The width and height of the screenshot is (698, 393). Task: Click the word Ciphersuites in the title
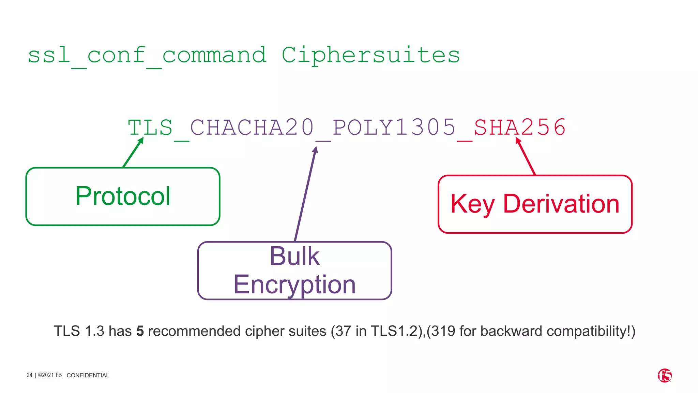pos(370,55)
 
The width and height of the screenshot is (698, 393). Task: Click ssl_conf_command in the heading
pos(147,55)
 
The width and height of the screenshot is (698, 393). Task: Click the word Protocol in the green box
pos(123,196)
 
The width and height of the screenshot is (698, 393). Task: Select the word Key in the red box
pos(472,204)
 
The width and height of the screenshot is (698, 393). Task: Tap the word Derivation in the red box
pos(561,204)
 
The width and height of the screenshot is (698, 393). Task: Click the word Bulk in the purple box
pos(294,256)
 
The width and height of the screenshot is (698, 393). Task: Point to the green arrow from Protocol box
pos(133,152)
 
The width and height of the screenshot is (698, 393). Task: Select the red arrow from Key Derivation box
pos(526,156)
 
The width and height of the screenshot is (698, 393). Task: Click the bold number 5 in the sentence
pos(140,331)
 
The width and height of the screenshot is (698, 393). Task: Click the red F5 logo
pos(665,376)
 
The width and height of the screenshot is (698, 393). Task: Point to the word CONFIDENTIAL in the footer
pos(88,375)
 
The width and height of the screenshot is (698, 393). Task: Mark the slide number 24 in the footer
pos(30,375)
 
